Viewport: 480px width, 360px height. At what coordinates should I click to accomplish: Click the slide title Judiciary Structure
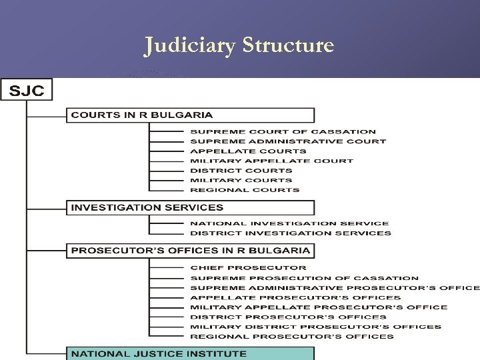(x=239, y=45)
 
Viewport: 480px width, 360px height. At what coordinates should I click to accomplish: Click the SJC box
(x=26, y=91)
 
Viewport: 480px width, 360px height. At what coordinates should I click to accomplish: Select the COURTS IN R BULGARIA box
(x=190, y=115)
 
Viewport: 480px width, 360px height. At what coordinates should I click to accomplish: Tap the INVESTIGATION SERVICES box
(x=190, y=207)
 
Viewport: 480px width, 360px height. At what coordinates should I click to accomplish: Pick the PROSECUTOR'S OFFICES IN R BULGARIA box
(x=190, y=251)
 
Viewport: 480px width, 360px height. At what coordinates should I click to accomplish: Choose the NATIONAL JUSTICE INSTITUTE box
(x=190, y=353)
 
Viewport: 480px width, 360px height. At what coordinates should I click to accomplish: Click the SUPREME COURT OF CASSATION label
(x=283, y=132)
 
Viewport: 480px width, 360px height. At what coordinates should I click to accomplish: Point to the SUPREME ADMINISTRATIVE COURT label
(x=288, y=141)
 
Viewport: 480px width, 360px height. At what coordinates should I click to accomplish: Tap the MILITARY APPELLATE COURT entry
(x=271, y=161)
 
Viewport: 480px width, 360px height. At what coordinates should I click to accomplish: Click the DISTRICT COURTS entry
(x=241, y=170)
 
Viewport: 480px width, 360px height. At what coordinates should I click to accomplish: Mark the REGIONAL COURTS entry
(x=245, y=189)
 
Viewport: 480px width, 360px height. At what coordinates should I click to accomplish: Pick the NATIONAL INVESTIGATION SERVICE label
(x=289, y=223)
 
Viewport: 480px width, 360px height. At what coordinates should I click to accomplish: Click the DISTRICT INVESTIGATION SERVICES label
(x=291, y=233)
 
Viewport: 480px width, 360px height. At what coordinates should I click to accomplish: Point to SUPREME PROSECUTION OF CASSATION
(x=304, y=278)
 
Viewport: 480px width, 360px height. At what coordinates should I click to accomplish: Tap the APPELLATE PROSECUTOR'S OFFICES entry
(x=295, y=297)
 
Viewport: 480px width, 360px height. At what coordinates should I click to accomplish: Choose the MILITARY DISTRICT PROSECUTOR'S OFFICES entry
(x=315, y=327)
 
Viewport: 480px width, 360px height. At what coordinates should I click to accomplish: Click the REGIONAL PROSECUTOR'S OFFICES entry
(x=292, y=337)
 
